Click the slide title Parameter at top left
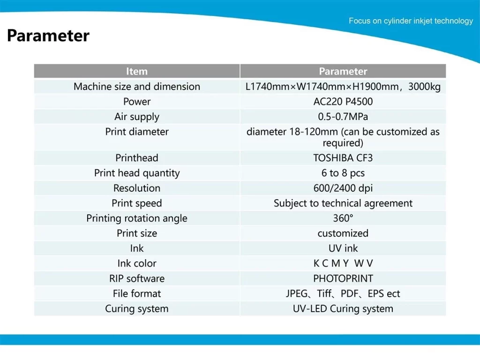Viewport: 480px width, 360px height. pos(48,36)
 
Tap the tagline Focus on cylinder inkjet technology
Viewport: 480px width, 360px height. pos(411,21)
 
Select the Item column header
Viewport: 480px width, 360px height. pos(137,71)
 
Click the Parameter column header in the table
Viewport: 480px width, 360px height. pos(343,71)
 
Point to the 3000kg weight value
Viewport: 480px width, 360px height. pos(424,87)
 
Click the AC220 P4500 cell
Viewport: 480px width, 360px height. pos(343,102)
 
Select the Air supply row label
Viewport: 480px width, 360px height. pos(137,117)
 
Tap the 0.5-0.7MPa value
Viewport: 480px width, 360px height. pos(343,117)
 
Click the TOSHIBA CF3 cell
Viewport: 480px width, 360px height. pos(343,158)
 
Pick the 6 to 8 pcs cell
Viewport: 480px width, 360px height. pos(343,173)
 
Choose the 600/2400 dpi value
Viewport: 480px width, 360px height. pos(343,188)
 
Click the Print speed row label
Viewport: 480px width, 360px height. pos(137,203)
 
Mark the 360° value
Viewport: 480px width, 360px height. pos(343,218)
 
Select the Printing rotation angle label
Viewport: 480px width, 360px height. pos(137,218)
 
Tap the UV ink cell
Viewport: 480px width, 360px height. pos(343,248)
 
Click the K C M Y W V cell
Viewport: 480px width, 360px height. pos(343,263)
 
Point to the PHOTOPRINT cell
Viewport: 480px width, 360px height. pos(343,278)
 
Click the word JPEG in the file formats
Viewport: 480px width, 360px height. pos(297,293)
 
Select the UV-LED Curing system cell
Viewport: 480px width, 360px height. pos(343,309)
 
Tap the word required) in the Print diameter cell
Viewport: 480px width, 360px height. pos(343,143)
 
